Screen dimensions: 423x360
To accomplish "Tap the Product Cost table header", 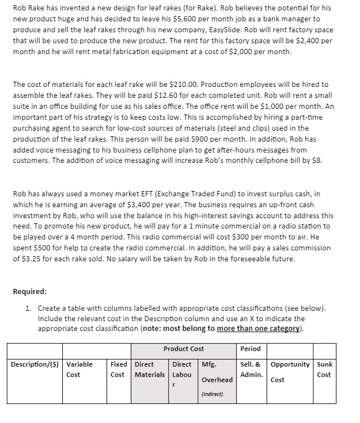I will click(183, 349).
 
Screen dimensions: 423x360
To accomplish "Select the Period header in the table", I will click(251, 349).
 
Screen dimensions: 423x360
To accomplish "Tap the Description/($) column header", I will click(34, 364).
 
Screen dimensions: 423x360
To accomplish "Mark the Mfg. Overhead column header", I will click(216, 372).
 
